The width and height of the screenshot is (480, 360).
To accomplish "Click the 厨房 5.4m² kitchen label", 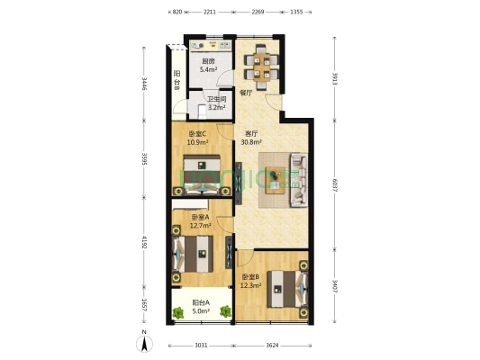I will coord(206,65).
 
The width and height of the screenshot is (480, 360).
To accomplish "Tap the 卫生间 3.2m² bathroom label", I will coord(216,103).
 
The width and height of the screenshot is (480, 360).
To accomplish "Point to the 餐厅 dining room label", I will coord(245,91).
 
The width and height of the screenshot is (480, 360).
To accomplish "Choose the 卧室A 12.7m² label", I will coord(199,221).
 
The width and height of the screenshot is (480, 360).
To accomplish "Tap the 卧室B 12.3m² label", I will coord(250,281).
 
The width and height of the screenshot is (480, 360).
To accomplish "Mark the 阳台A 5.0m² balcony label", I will coord(201,307).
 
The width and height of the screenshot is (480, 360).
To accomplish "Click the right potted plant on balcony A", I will coord(226,312).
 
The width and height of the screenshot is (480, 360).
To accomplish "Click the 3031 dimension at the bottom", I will coord(201,346).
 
